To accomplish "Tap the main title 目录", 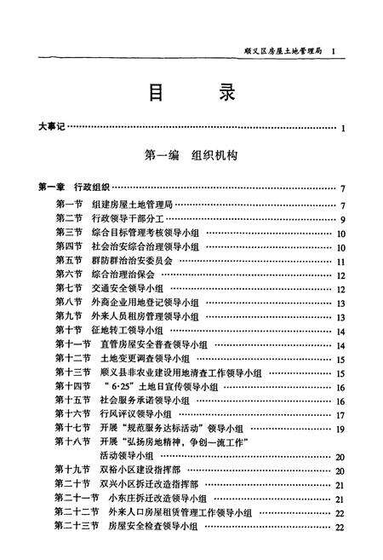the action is pyautogui.click(x=192, y=94).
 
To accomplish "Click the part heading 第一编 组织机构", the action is pyautogui.click(x=191, y=157).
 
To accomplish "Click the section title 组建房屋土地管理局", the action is pyautogui.click(x=139, y=205).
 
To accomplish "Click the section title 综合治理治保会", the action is pyautogui.click(x=133, y=274).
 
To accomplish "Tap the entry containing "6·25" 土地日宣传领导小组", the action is pyautogui.click(x=161, y=386).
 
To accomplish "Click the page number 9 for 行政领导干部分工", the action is pyautogui.click(x=340, y=219).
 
